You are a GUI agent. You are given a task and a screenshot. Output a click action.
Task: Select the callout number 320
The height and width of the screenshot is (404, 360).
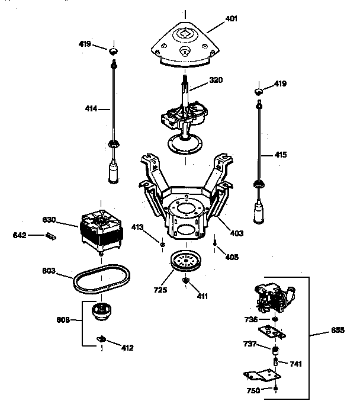[216, 80]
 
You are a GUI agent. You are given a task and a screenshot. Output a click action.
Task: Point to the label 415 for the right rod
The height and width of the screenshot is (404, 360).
[280, 155]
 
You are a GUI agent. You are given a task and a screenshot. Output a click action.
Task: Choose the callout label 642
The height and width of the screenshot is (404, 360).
[20, 236]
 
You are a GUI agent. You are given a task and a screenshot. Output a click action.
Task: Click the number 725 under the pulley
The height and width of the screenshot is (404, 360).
[160, 290]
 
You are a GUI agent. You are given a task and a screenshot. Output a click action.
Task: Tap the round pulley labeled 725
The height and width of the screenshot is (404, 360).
[185, 262]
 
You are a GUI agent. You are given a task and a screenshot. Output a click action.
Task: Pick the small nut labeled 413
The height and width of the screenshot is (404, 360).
[162, 243]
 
